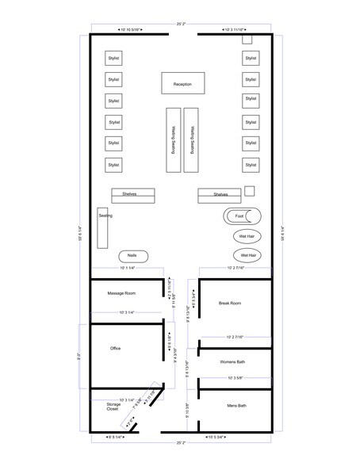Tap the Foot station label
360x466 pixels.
(x=239, y=216)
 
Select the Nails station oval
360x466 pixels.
(x=132, y=256)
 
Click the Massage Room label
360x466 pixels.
(x=124, y=294)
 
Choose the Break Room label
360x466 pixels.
(x=229, y=303)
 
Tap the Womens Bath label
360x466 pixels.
(x=232, y=362)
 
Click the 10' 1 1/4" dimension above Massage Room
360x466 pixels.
(x=127, y=269)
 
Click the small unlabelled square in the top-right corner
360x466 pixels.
(x=247, y=39)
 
